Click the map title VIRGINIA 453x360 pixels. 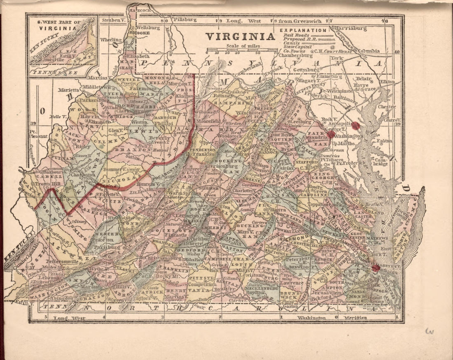[240, 36]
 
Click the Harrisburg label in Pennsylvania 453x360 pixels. [352, 29]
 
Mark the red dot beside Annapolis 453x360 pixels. [356, 125]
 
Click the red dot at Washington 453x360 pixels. [331, 134]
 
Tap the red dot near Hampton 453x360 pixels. [376, 268]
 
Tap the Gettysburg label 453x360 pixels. [307, 70]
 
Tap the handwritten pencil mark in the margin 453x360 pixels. [430, 332]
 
